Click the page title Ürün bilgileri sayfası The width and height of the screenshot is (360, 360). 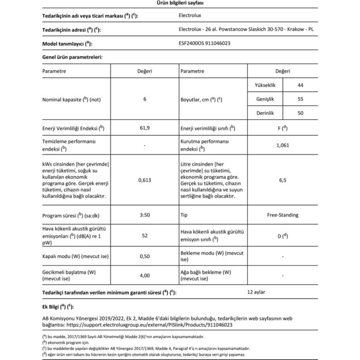[x=179, y=4]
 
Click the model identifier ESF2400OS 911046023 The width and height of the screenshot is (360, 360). [x=204, y=44]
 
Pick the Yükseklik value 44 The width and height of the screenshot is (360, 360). [x=300, y=84]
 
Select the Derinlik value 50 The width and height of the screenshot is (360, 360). [x=300, y=112]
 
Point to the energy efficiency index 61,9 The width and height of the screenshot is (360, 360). [x=145, y=128]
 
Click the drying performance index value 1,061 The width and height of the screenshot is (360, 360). [x=282, y=146]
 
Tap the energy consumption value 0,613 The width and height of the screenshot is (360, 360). [x=145, y=181]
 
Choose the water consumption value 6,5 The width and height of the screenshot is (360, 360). [x=282, y=181]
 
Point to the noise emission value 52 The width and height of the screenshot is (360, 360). [x=145, y=235]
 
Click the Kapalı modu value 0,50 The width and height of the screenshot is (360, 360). [x=145, y=256]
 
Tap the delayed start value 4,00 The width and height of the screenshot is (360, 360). [x=145, y=275]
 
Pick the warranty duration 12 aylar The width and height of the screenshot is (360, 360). [x=256, y=292]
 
